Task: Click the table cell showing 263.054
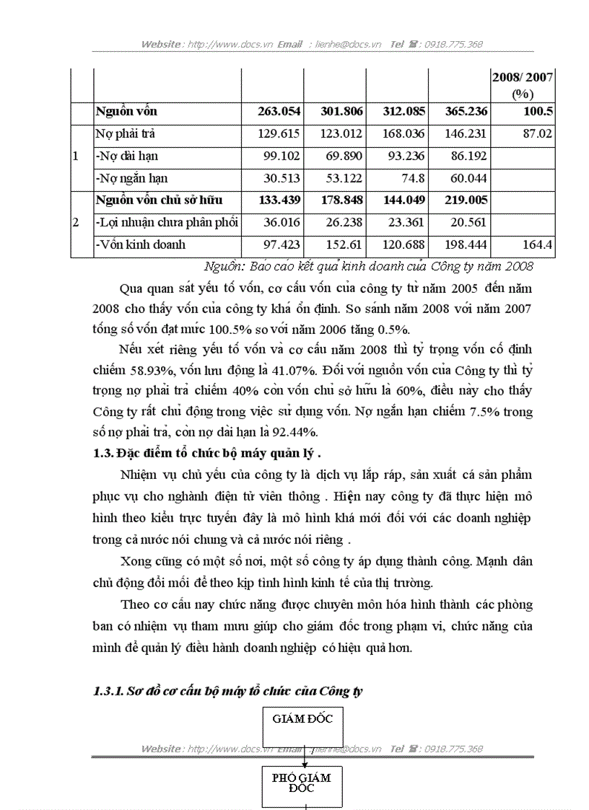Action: (x=279, y=112)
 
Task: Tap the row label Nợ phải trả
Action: (x=125, y=134)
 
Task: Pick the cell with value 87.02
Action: (x=536, y=134)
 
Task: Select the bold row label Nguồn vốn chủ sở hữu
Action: (x=159, y=201)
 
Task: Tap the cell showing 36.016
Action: (x=280, y=223)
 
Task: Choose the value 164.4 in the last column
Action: (x=538, y=245)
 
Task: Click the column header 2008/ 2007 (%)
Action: (x=523, y=85)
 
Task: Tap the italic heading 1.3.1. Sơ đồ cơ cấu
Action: (x=228, y=691)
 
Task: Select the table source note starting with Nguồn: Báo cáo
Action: (x=369, y=266)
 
